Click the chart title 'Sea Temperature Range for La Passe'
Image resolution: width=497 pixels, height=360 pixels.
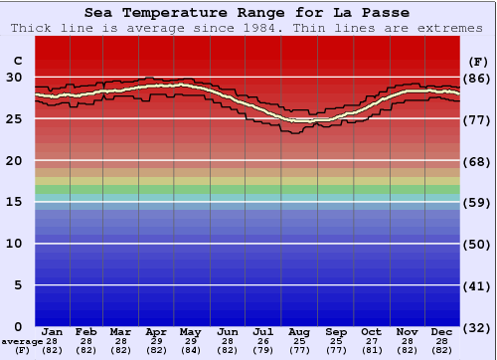tap(247, 13)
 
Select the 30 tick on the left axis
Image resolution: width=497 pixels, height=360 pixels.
tap(14, 78)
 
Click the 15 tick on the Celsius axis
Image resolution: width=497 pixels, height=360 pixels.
tap(14, 202)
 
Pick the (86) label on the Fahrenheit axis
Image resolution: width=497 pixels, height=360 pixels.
tap(476, 78)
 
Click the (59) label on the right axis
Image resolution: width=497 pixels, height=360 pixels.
tap(476, 202)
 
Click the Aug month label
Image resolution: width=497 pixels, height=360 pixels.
tap(300, 332)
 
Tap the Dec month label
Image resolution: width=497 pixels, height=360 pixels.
tap(442, 332)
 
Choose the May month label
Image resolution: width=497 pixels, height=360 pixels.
tap(192, 332)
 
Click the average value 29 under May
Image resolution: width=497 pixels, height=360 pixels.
tap(192, 341)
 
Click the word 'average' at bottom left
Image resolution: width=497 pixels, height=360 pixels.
tap(21, 341)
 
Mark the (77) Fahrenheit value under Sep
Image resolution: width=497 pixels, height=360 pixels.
tap(336, 350)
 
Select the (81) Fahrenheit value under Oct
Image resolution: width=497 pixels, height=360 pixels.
tap(372, 350)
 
